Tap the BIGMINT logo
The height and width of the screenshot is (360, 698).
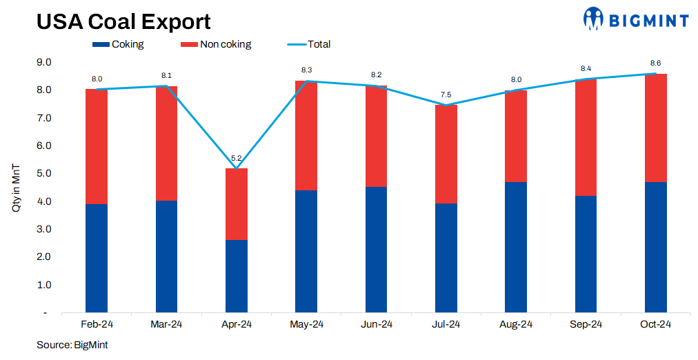[x=635, y=19]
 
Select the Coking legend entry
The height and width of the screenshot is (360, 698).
[x=118, y=45]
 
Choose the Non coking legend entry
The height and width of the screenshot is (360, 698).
[x=216, y=45]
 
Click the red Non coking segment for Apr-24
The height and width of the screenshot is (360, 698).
[x=237, y=204]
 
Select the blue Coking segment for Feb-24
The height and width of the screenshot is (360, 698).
[x=97, y=258]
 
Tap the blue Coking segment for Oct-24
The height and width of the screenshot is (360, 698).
[x=655, y=247]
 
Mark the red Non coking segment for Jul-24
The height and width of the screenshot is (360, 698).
[x=446, y=154]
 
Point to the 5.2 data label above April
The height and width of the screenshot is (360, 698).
[x=236, y=158]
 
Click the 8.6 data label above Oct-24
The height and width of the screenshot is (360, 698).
[x=655, y=63]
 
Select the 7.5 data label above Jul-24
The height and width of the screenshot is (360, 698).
[x=446, y=94]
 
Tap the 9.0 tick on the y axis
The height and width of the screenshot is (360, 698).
[x=44, y=63]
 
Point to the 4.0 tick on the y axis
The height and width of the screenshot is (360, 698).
[x=44, y=201]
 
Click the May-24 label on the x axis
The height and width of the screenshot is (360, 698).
[x=306, y=324]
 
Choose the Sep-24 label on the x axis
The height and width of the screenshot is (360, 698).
[x=586, y=324]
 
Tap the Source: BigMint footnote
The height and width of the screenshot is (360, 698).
[x=72, y=344]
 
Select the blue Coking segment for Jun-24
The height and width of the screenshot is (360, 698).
[x=376, y=250]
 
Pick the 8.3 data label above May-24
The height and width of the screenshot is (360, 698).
[x=306, y=70]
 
